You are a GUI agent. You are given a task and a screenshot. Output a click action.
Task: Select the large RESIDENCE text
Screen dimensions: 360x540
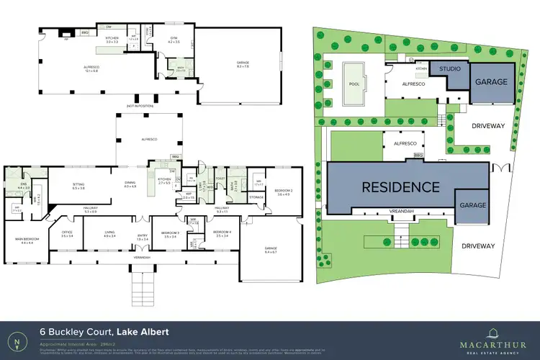(x=400, y=186)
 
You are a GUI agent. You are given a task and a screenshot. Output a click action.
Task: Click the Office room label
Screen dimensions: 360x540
(x=68, y=233)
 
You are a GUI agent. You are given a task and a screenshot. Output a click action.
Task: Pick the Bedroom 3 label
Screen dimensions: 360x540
(x=171, y=233)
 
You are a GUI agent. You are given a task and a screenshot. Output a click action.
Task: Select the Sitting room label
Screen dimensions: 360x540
(x=78, y=185)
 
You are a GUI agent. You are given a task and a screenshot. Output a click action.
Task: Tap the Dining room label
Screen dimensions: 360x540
(x=130, y=185)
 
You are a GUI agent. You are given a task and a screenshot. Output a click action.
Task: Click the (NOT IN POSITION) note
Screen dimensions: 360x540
(x=140, y=106)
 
